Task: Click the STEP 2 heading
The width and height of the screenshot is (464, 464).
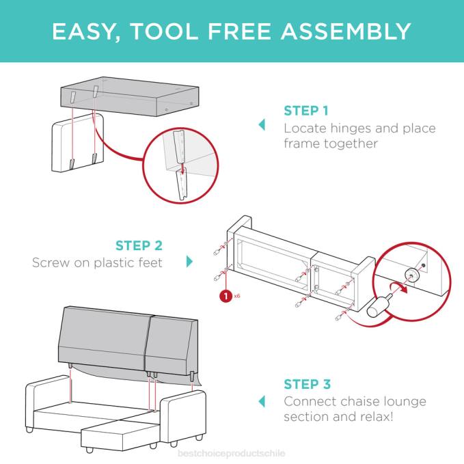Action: [139, 245]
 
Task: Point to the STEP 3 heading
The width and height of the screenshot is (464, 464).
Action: [307, 384]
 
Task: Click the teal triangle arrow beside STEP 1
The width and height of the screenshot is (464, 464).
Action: [261, 125]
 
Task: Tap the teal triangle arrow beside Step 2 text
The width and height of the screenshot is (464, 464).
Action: [189, 262]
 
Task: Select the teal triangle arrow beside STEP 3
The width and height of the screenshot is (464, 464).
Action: [261, 400]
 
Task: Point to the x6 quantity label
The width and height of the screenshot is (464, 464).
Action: [237, 297]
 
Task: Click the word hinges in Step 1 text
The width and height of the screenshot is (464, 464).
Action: [349, 128]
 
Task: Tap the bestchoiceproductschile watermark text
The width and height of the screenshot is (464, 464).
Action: [232, 453]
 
